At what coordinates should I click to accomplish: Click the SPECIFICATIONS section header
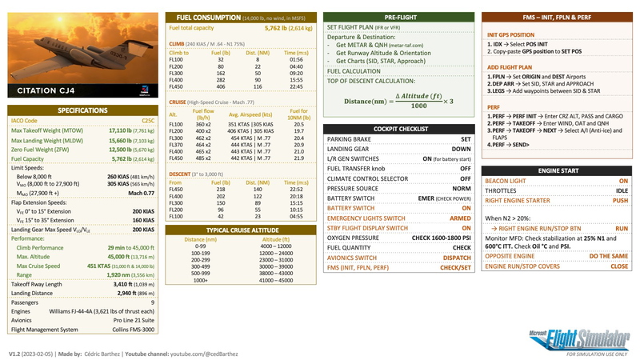pos(82,110)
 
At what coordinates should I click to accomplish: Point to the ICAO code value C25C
pos(144,120)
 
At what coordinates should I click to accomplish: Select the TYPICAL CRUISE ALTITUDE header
pos(238,229)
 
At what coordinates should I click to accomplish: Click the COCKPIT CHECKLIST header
pos(398,128)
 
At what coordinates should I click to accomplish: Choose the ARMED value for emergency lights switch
pos(460,217)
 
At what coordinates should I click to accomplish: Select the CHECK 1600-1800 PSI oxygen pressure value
pos(442,237)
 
